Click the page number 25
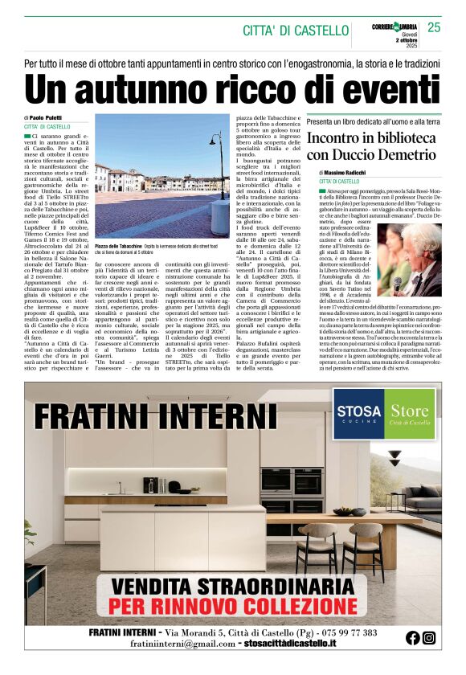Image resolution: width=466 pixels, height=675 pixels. (x=434, y=27)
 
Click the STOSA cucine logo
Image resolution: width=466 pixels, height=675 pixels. (x=358, y=415)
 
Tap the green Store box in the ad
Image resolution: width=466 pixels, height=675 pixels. (x=409, y=415)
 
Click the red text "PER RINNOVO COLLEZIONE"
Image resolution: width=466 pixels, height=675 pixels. (x=233, y=603)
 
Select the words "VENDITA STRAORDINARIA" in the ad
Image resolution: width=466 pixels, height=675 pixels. (x=233, y=585)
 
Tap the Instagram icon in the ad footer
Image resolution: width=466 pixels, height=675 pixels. (x=430, y=637)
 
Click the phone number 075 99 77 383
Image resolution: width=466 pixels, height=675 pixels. (x=340, y=632)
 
